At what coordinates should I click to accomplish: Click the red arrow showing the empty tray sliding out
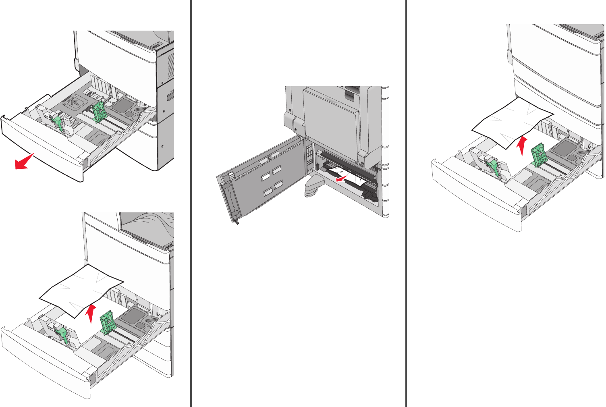tap(24, 161)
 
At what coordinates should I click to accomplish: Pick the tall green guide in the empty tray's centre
tap(98, 111)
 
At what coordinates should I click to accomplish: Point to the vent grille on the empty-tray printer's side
tap(171, 66)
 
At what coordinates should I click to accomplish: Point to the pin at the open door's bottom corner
tap(236, 221)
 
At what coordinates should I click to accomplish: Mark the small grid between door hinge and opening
tap(309, 154)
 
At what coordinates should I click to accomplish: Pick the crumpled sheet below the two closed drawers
tap(512, 123)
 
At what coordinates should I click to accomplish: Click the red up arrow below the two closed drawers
tap(522, 145)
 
